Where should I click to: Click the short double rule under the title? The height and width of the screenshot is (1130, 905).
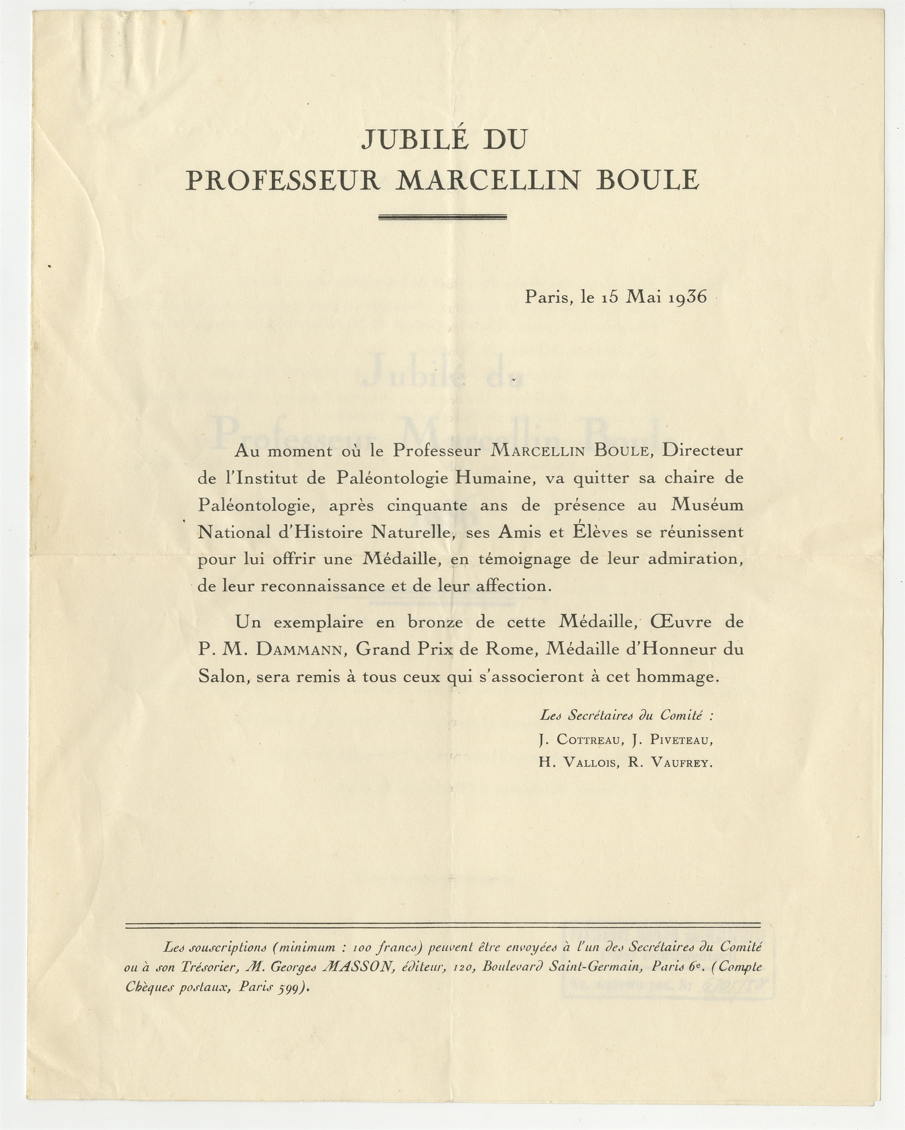(x=442, y=217)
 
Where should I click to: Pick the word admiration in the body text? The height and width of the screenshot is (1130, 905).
(x=696, y=559)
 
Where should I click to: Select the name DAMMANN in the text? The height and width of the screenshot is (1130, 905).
(x=300, y=650)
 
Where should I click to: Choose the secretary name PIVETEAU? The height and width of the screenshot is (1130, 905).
(x=679, y=740)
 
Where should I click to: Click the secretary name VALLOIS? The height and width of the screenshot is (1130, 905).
(x=591, y=763)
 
